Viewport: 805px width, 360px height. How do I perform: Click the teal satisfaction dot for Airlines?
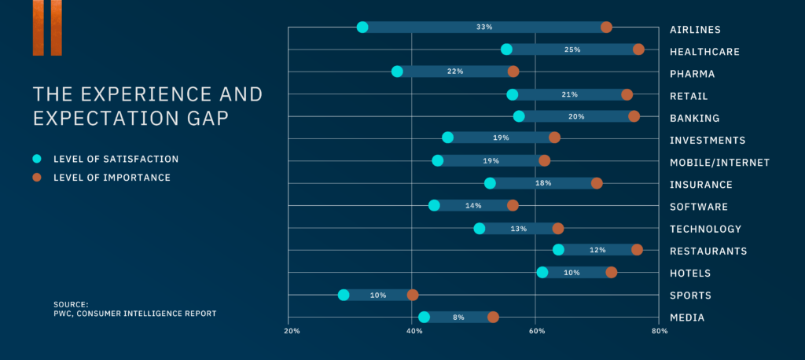(362, 28)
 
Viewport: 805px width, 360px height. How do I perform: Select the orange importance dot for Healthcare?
(638, 50)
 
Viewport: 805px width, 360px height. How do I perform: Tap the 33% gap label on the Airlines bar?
(484, 28)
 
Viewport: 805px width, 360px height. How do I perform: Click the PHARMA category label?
(692, 75)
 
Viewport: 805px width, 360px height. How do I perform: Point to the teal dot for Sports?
(344, 296)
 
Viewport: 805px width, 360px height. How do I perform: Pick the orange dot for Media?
(493, 318)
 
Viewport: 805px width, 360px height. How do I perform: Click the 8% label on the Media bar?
(458, 318)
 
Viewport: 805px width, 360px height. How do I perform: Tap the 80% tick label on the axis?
(659, 331)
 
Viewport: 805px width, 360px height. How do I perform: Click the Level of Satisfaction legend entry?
(116, 159)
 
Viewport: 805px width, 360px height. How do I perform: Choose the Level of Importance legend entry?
(112, 178)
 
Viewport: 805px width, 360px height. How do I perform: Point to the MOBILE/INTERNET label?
(719, 163)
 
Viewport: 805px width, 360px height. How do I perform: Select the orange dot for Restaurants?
(637, 250)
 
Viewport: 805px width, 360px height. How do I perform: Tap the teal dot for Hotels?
(542, 273)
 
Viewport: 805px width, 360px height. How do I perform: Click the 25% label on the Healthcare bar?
(572, 50)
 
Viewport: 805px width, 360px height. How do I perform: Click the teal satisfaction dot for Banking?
(519, 116)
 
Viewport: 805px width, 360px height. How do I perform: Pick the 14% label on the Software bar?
(473, 205)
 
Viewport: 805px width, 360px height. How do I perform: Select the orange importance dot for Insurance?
(597, 183)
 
